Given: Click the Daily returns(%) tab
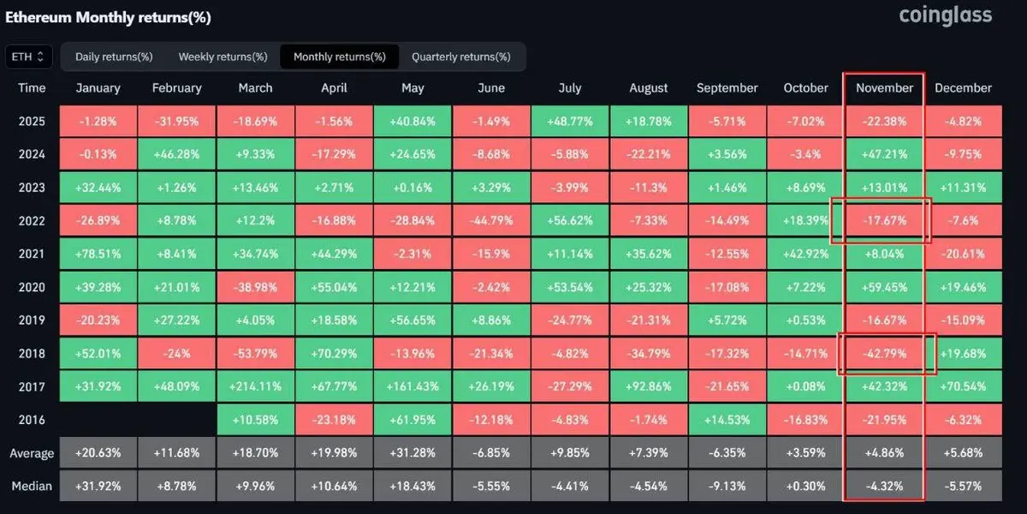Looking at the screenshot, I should tap(114, 57).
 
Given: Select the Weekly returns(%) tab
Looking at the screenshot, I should tap(223, 57).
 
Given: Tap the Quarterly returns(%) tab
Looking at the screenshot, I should tap(460, 57).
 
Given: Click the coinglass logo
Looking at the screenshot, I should tap(945, 15).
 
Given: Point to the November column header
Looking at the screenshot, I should tap(884, 88).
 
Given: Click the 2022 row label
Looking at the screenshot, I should tap(32, 221).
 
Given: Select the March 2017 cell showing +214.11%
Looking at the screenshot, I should tap(256, 387).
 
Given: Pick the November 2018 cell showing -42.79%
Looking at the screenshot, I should tap(884, 354).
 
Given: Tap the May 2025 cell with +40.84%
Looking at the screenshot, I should tap(413, 121).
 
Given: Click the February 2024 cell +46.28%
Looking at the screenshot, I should tap(177, 154).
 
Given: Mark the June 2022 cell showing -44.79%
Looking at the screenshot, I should tap(491, 221).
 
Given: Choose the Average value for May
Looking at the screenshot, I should tap(413, 453).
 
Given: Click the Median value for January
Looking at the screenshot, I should tap(98, 487).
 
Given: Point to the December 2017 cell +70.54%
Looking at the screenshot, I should tap(963, 387).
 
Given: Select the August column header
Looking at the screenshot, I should tap(649, 88).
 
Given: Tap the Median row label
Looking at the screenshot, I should tap(32, 487).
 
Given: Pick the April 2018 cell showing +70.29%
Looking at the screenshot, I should tap(334, 354).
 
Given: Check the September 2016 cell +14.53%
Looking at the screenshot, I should tap(727, 421).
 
